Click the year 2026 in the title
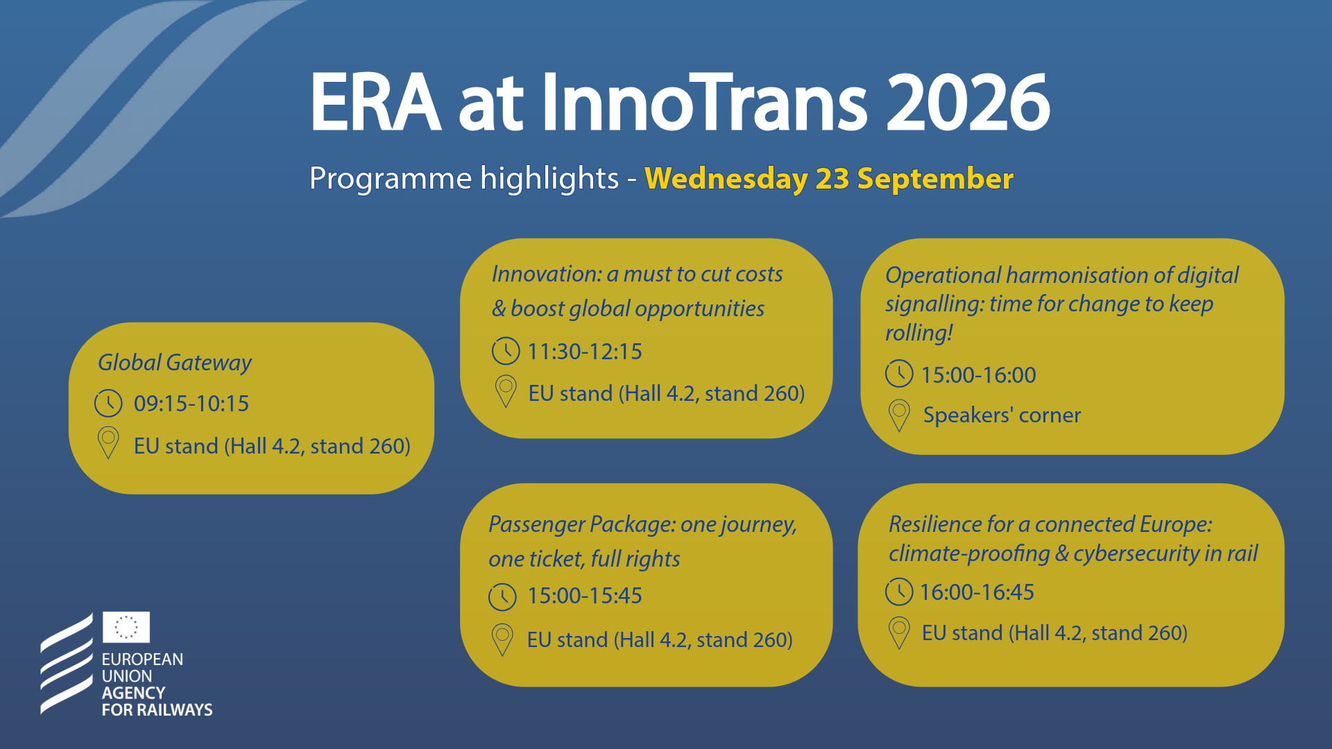968,102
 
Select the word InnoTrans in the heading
704,102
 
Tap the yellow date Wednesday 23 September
829,179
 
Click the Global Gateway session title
175,363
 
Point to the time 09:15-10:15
191,404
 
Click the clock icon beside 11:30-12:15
506,351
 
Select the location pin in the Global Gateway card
108,442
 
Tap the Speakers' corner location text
1002,415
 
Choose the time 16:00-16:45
977,592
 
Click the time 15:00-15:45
585,596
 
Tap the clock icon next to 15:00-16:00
899,374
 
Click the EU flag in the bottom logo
126,627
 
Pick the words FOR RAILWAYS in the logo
157,709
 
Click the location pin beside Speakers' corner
899,415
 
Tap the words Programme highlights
463,179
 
